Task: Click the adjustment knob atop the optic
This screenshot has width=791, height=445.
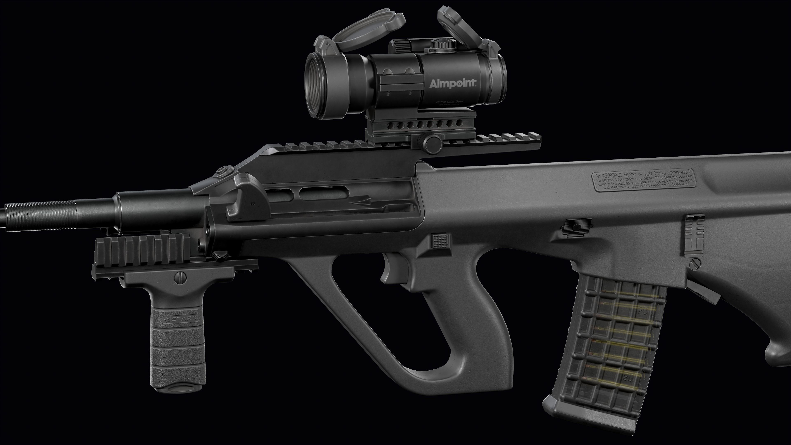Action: coord(442,44)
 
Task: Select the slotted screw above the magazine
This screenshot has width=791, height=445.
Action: coord(695,263)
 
